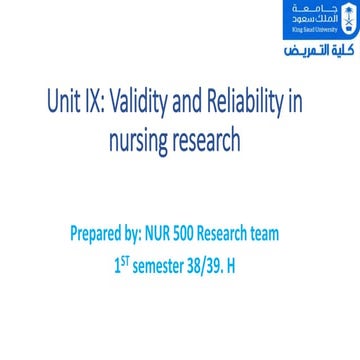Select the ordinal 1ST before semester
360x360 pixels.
click(x=123, y=266)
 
